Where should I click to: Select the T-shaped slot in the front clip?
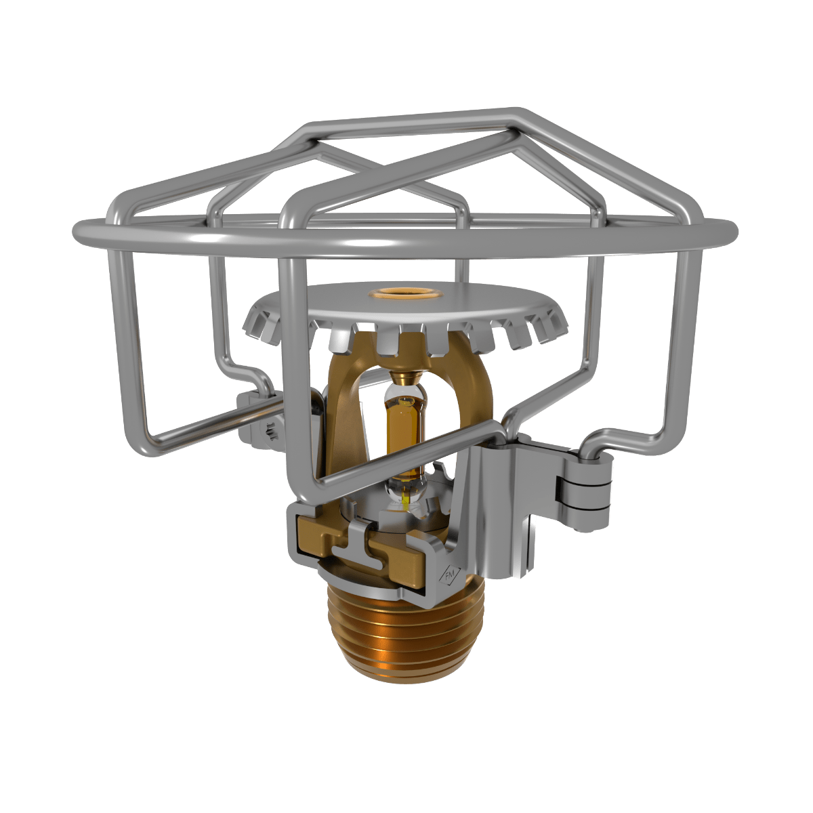[359, 542]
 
